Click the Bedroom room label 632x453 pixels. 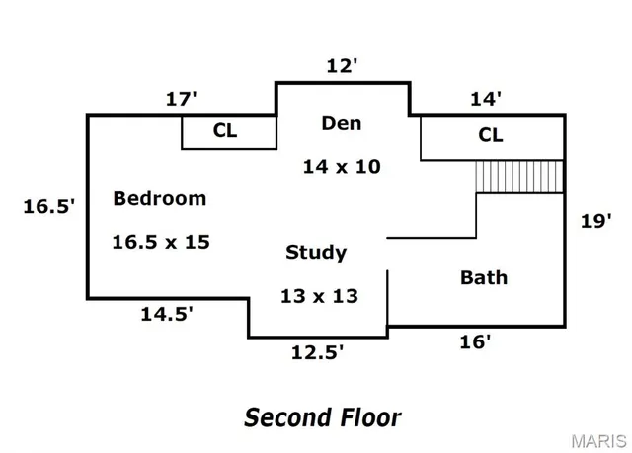pos(160,198)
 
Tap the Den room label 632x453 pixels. pos(342,123)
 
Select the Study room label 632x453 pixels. pos(316,252)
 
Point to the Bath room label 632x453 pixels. pos(484,277)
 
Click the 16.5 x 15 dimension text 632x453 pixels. pos(160,241)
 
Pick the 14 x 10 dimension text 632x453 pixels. pos(342,167)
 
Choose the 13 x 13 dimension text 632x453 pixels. pos(317,295)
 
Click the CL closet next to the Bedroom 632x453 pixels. pos(226,132)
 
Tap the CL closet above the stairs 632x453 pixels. pos(491,135)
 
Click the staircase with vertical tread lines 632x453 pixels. pos(518,177)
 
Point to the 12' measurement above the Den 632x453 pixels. pos(342,67)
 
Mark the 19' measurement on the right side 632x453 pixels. pos(595,221)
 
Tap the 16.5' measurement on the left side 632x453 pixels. pos(49,207)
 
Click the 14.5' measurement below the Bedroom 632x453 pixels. pos(166,315)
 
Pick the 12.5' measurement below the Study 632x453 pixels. pos(317,352)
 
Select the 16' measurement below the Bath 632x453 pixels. pos(476,342)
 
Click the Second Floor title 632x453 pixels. pos(322,417)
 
